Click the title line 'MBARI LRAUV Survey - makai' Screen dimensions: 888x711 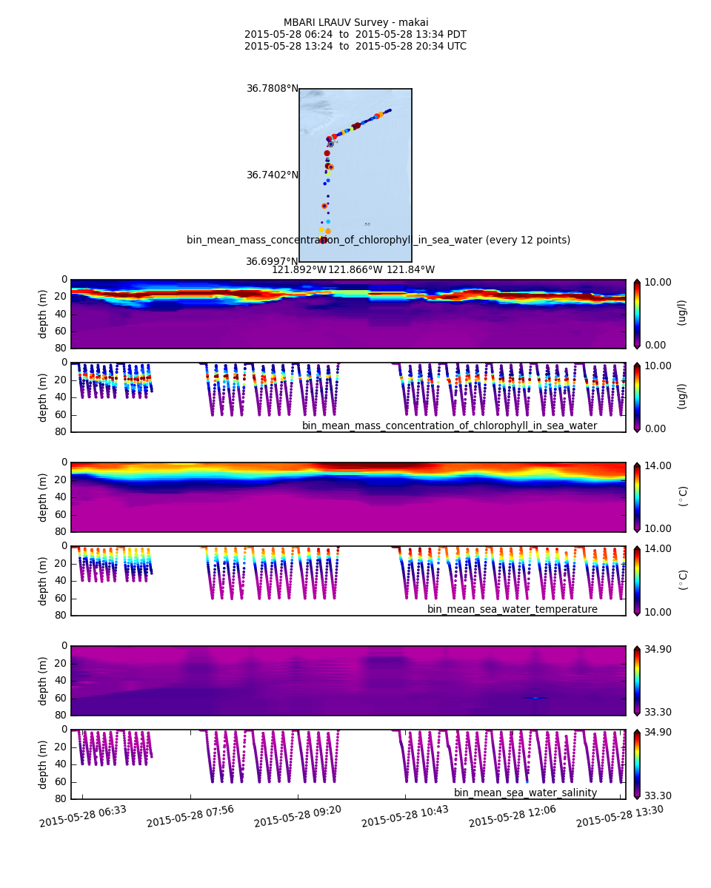coord(355,23)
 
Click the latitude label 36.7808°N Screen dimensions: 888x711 coord(273,89)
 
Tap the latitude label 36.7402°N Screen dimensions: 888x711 coord(273,175)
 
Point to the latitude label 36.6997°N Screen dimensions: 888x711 coord(273,262)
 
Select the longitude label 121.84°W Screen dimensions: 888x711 coord(410,270)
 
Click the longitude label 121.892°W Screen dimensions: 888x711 coord(299,270)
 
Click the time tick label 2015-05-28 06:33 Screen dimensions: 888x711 coord(83,816)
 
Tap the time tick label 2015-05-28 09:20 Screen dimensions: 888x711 coord(298,816)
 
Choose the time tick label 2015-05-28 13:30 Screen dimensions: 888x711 coord(620,816)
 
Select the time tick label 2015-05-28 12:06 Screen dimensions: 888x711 coord(513,816)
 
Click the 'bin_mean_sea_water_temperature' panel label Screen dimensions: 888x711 coord(512,610)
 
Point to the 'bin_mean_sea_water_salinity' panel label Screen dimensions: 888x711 coord(525,793)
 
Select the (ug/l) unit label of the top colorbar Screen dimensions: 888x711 coord(682,313)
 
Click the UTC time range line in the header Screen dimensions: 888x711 coord(355,47)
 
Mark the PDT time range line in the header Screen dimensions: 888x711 coord(355,35)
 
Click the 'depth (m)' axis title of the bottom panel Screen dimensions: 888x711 coord(44,764)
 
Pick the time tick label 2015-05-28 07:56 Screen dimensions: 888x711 coord(190,816)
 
